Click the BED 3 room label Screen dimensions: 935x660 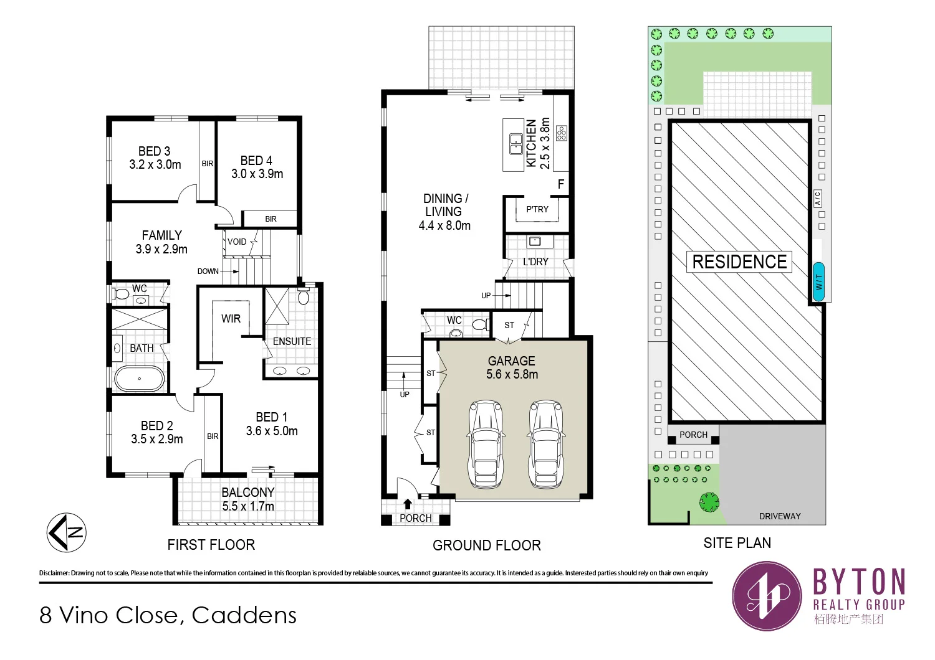pyautogui.click(x=155, y=158)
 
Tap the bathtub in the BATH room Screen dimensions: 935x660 pyautogui.click(x=140, y=379)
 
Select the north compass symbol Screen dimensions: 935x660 pyautogui.click(x=66, y=532)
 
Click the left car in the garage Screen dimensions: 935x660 pyautogui.click(x=486, y=444)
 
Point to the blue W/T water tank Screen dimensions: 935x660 pyautogui.click(x=818, y=282)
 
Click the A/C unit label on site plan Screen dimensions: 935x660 pyautogui.click(x=818, y=199)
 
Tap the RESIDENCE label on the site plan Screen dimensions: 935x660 pyautogui.click(x=739, y=262)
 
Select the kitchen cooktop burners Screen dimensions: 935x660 pyautogui.click(x=562, y=133)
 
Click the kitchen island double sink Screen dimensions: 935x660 pyautogui.click(x=516, y=144)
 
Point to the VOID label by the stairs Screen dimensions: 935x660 pyautogui.click(x=237, y=242)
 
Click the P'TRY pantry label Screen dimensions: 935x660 pyautogui.click(x=537, y=209)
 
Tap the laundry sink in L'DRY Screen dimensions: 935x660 pyautogui.click(x=535, y=241)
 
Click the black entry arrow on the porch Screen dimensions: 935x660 pyautogui.click(x=408, y=504)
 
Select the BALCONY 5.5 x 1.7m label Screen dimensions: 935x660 pyautogui.click(x=248, y=499)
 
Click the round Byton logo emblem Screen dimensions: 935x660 pyautogui.click(x=767, y=596)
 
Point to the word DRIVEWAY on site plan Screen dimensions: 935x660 pyautogui.click(x=780, y=516)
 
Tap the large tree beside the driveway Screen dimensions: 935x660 pyautogui.click(x=709, y=502)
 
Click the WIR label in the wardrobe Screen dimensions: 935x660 pyautogui.click(x=231, y=319)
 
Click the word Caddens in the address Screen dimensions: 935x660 pyautogui.click(x=244, y=615)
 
